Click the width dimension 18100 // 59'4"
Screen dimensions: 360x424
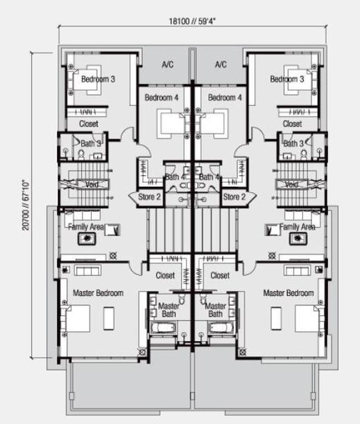tap(192, 21)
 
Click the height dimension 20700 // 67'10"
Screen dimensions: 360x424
tap(25, 205)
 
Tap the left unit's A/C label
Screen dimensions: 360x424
tap(167, 64)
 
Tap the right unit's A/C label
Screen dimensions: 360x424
tap(221, 64)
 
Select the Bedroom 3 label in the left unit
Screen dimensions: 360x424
tap(98, 79)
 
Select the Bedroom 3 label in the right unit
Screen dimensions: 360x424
tap(287, 79)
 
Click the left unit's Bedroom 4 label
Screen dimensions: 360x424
tap(162, 98)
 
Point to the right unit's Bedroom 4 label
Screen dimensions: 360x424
tap(224, 98)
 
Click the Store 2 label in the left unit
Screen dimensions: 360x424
tap(150, 197)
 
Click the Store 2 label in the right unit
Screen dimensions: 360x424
tap(234, 197)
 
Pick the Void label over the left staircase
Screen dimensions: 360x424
tap(92, 184)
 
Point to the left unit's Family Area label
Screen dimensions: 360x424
tap(86, 227)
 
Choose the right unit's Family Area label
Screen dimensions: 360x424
tap(297, 227)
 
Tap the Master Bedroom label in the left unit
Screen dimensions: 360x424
tap(98, 293)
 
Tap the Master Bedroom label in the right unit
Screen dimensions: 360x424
tap(289, 293)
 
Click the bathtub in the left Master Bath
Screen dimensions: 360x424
tap(163, 328)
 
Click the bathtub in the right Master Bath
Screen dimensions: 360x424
tap(220, 328)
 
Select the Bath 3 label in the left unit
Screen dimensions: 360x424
tap(91, 143)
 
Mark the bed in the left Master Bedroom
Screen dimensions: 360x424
tap(76, 319)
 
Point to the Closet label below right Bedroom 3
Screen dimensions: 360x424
tap(292, 124)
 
